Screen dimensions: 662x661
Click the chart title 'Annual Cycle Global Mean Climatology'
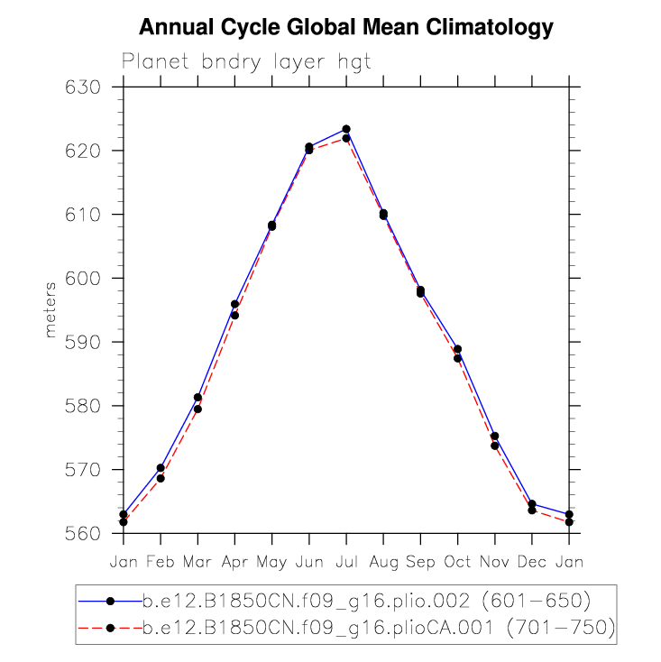[x=345, y=28]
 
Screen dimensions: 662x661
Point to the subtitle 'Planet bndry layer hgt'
[x=246, y=62]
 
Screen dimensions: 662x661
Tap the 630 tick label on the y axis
[x=89, y=87]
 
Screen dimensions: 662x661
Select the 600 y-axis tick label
[x=89, y=279]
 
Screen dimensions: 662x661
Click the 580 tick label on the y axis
[x=89, y=406]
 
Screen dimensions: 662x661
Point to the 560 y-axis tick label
[x=89, y=534]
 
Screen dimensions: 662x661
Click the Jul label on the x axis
[x=346, y=561]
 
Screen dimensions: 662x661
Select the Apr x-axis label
[x=234, y=561]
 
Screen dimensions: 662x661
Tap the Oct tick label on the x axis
[x=457, y=561]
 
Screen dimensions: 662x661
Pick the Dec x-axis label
[x=532, y=561]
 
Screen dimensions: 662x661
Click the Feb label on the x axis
[x=161, y=561]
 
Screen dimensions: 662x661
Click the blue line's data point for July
[x=346, y=129]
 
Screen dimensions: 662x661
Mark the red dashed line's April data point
[x=234, y=315]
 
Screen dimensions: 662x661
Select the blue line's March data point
[x=197, y=397]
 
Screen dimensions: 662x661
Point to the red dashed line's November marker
[x=495, y=446]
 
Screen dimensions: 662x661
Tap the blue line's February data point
[x=161, y=468]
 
